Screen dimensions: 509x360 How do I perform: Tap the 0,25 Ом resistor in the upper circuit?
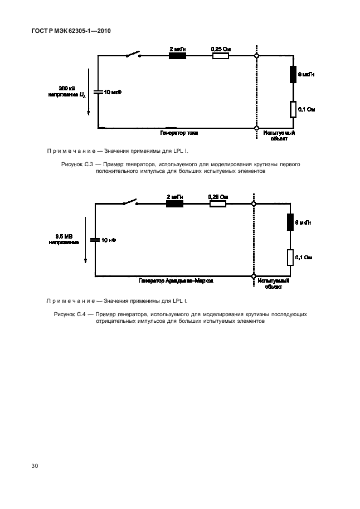(221, 56)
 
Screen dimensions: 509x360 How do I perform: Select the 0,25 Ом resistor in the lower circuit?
(218, 204)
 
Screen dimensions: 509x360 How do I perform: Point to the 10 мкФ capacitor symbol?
(98, 91)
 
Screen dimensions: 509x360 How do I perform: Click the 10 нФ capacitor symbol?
(95, 240)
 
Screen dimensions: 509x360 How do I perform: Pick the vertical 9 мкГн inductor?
(293, 74)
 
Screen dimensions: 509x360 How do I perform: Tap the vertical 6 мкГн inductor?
(290, 222)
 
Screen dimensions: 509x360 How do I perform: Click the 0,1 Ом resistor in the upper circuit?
(293, 109)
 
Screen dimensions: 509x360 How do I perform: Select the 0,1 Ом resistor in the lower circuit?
(290, 258)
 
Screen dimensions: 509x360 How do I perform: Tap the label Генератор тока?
(179, 133)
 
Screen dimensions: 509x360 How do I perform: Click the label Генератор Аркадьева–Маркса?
(176, 282)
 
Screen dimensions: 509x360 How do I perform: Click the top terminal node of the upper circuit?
(256, 56)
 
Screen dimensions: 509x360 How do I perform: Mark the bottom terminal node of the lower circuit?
(254, 275)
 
